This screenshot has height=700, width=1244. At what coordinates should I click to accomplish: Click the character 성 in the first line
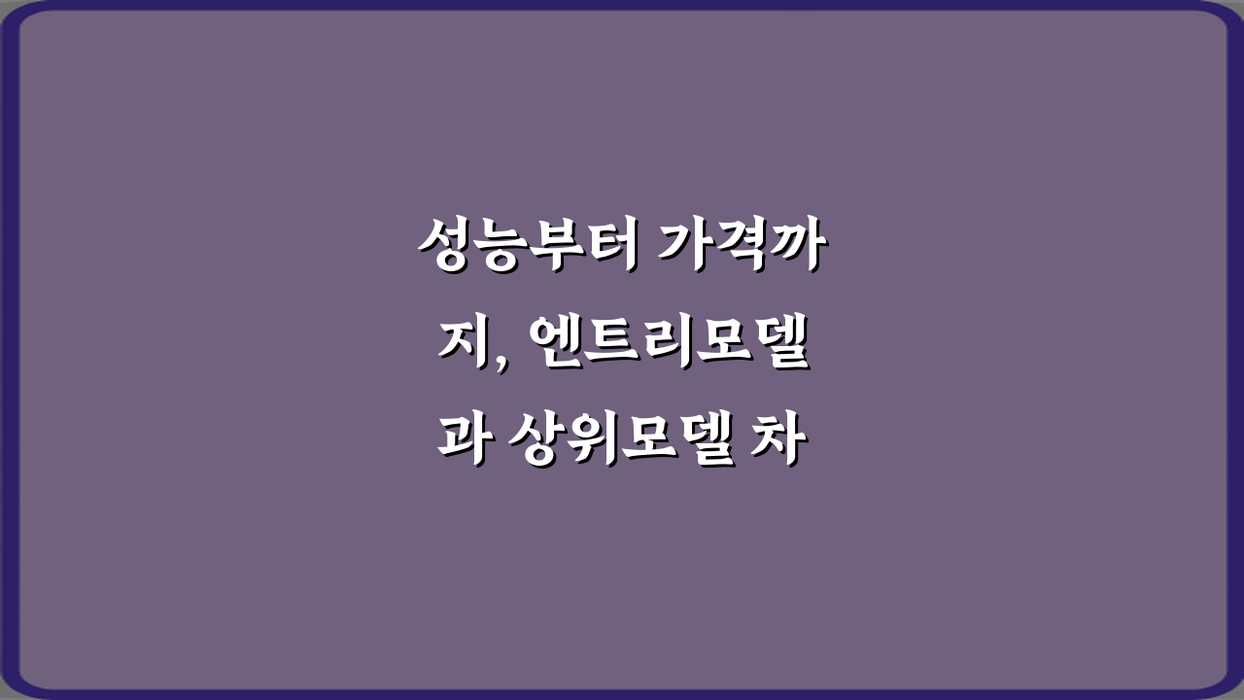click(x=442, y=247)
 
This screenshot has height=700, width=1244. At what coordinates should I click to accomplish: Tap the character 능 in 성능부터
click(x=497, y=247)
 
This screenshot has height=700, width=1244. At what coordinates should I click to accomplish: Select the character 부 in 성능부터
click(x=551, y=247)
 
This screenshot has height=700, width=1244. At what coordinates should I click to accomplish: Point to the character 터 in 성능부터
click(x=605, y=247)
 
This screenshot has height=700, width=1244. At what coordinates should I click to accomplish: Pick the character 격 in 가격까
click(x=741, y=247)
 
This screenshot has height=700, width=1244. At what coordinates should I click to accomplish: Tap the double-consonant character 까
click(x=796, y=247)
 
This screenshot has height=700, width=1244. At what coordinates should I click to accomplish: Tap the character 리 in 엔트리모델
click(x=673, y=348)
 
